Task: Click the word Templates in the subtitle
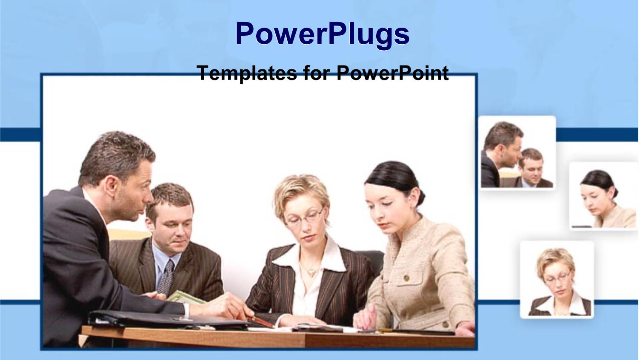tap(246, 73)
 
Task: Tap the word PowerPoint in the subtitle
tap(392, 73)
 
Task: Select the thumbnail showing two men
tap(517, 153)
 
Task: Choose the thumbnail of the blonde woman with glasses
tap(557, 280)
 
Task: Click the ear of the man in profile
tap(112, 185)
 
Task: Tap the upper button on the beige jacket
tap(406, 277)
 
